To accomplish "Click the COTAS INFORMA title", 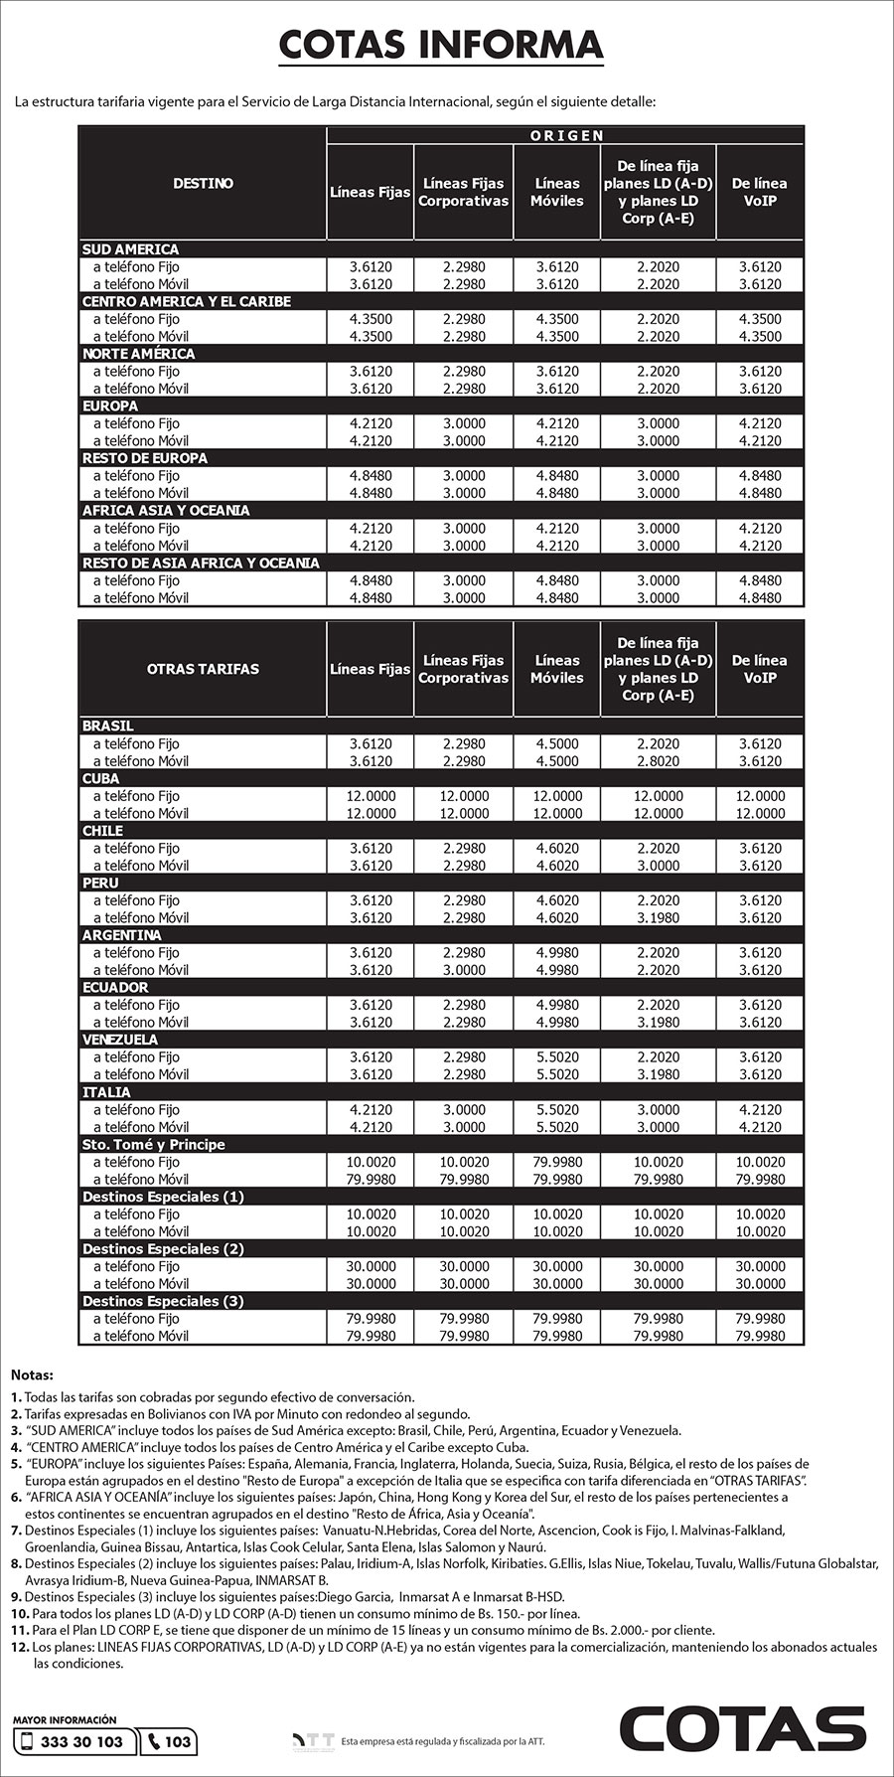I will tap(440, 45).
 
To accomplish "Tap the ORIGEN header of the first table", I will tap(565, 135).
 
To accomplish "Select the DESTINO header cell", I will tap(203, 183).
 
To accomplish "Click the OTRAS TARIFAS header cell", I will tap(203, 669).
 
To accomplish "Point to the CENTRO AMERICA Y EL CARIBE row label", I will tap(186, 301).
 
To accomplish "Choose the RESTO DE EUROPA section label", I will tap(145, 458).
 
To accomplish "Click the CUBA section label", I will tap(100, 778).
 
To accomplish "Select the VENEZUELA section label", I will tap(120, 1040).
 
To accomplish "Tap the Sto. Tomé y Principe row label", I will tap(153, 1144).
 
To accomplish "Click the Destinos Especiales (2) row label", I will tap(163, 1248).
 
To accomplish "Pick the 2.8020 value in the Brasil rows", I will tap(658, 761).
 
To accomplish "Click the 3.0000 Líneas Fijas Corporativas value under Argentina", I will tap(464, 970).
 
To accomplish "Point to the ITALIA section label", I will tap(106, 1092).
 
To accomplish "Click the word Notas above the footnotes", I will tap(32, 1375).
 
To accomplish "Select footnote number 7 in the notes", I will tap(17, 1531).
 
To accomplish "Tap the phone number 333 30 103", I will tap(83, 1741).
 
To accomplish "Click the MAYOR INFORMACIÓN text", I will tap(65, 1719).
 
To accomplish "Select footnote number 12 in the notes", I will tap(20, 1647).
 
